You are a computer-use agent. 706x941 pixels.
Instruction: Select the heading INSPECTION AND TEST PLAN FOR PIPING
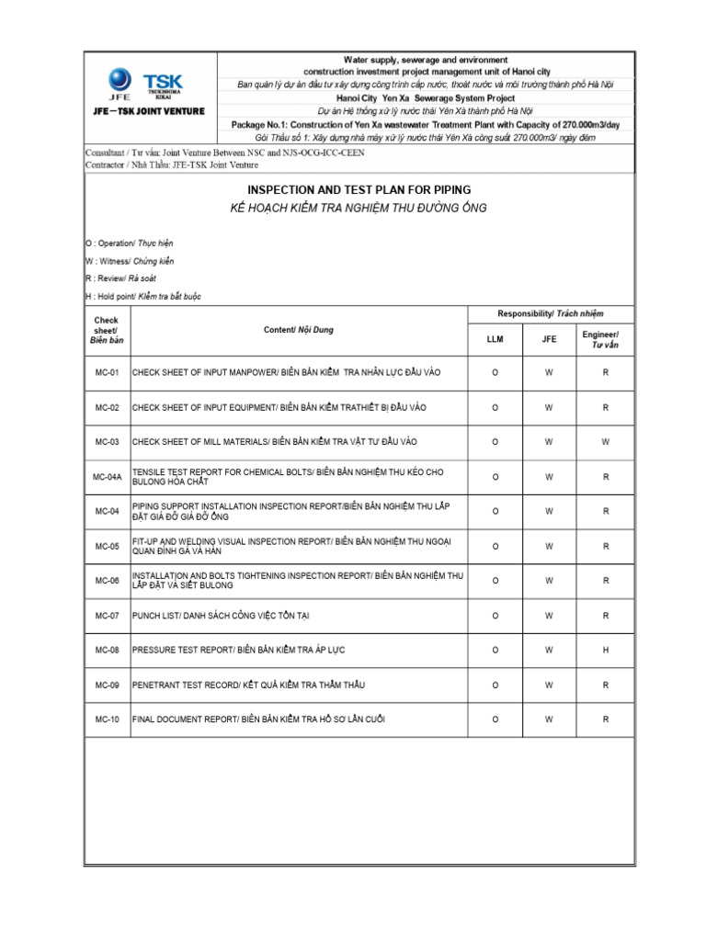(x=359, y=189)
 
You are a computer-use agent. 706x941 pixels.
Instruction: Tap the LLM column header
(x=495, y=339)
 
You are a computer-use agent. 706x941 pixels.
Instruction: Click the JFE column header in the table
(x=549, y=339)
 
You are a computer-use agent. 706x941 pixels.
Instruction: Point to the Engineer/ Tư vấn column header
(x=605, y=339)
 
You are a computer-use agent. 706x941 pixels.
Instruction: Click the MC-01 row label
(x=108, y=372)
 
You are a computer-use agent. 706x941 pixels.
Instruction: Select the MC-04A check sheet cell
(x=108, y=477)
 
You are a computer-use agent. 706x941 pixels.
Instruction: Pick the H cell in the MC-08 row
(x=605, y=650)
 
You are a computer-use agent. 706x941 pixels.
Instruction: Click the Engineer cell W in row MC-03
(x=605, y=442)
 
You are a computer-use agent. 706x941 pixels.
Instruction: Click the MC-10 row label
(x=108, y=720)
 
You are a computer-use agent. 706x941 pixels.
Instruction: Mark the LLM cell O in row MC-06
(x=495, y=581)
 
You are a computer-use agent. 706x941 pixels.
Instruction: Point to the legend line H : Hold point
(x=142, y=296)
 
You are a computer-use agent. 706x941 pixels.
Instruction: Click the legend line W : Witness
(x=130, y=261)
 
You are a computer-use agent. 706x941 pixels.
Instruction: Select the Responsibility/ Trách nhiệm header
(x=550, y=313)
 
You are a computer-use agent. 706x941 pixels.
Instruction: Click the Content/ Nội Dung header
(x=299, y=329)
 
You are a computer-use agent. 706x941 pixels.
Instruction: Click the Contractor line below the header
(x=172, y=165)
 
